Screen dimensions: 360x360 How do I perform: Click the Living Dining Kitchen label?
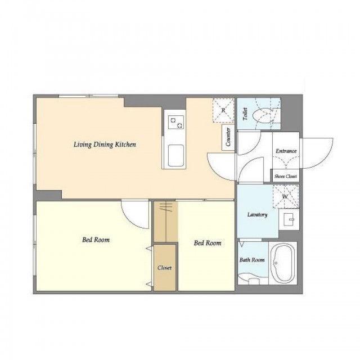point(105,145)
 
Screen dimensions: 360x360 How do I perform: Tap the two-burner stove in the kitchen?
point(176,123)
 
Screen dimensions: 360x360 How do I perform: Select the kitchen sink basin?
point(176,155)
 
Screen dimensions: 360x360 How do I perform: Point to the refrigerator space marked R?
point(223,110)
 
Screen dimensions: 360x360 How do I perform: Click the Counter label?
point(228,137)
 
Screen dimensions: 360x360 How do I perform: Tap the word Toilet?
point(245,114)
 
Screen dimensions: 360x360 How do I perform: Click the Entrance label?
point(286,151)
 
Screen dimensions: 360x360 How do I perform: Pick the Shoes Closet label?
point(286,176)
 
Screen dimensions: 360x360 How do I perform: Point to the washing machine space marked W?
point(286,196)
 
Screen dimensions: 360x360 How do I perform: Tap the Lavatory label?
point(258,215)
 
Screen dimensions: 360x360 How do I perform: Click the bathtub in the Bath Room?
point(282,263)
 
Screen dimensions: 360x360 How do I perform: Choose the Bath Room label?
point(252,260)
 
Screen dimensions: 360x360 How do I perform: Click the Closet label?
point(165,268)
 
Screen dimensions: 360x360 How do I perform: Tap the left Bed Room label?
point(96,240)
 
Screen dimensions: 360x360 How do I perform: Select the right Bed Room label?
point(208,243)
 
